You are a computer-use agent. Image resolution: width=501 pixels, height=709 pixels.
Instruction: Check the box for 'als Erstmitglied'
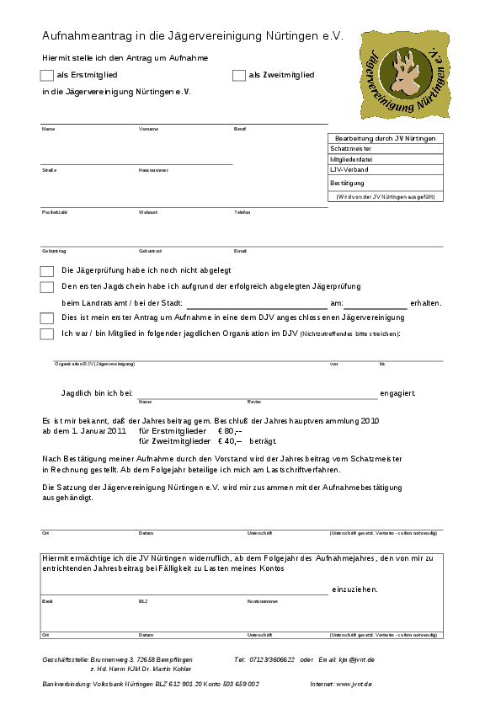pyautogui.click(x=47, y=76)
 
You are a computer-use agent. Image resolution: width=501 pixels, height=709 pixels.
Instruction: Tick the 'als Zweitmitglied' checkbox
pyautogui.click(x=239, y=76)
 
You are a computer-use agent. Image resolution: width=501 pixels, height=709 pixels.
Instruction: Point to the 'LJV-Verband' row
pyautogui.click(x=351, y=169)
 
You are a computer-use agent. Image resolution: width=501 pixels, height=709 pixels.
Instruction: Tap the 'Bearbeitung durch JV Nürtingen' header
pyautogui.click(x=385, y=138)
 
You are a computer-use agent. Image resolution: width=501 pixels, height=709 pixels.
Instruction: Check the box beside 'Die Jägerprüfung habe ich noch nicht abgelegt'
pyautogui.click(x=47, y=271)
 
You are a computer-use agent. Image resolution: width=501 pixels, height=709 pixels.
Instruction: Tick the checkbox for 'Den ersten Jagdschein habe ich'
pyautogui.click(x=47, y=287)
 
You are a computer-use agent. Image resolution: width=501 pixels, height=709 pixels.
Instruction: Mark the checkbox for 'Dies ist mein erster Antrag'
pyautogui.click(x=47, y=318)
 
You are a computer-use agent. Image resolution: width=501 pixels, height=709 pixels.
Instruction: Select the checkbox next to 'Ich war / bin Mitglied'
pyautogui.click(x=47, y=333)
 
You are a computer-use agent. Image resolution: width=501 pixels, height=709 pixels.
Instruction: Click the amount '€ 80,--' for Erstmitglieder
pyautogui.click(x=230, y=430)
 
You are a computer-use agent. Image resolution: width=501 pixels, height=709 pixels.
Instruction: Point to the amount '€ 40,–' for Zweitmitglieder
pyautogui.click(x=230, y=440)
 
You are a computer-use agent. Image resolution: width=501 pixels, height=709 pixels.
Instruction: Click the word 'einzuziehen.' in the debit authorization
pyautogui.click(x=354, y=589)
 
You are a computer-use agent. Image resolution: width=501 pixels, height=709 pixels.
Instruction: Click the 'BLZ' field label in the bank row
pyautogui.click(x=142, y=602)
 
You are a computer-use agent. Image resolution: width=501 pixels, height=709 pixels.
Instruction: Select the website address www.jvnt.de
pyautogui.click(x=354, y=685)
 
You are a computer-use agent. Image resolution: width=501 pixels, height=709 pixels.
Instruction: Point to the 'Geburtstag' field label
pyautogui.click(x=54, y=251)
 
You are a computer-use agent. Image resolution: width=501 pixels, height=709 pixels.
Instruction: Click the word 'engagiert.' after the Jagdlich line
pyautogui.click(x=397, y=393)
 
